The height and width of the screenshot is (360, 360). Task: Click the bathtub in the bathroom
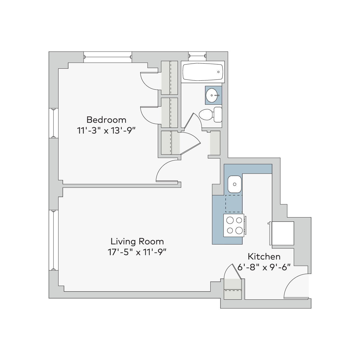click(203, 72)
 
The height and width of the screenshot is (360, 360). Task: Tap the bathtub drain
click(218, 72)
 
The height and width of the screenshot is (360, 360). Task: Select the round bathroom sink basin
click(213, 95)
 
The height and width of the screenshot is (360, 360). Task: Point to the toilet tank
click(218, 115)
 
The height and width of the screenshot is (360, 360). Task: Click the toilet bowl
click(206, 115)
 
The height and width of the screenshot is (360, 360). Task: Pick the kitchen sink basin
click(235, 184)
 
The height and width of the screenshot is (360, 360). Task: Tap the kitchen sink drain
click(235, 184)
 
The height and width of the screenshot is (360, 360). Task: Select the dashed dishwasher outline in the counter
click(234, 204)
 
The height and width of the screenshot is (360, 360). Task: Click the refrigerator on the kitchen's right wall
click(282, 233)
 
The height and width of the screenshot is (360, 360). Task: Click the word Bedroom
click(106, 120)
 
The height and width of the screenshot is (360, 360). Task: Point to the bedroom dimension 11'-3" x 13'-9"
click(106, 130)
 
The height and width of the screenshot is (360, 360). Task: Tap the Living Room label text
click(137, 241)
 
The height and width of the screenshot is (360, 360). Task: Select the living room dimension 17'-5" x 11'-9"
click(137, 252)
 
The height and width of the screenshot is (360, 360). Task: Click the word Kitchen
click(264, 257)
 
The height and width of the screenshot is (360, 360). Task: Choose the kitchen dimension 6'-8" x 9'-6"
click(264, 268)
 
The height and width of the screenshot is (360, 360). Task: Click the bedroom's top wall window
click(108, 57)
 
